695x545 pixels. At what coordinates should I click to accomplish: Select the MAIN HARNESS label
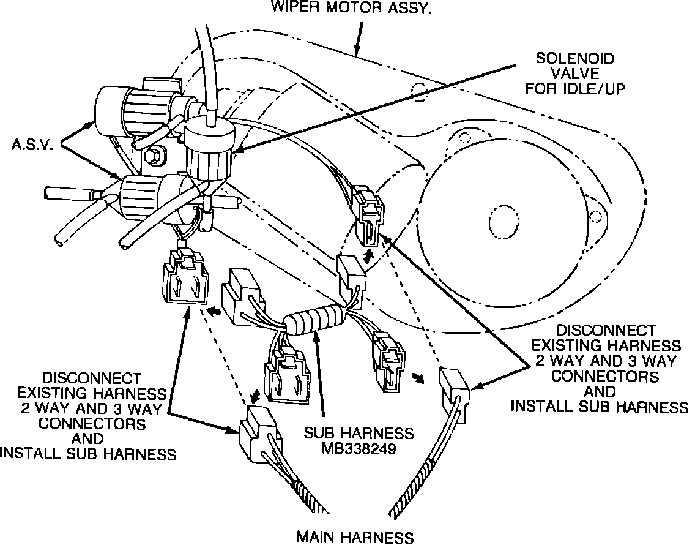point(355,537)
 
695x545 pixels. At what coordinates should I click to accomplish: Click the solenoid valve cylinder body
point(207,159)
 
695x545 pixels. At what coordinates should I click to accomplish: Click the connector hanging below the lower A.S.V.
point(184,280)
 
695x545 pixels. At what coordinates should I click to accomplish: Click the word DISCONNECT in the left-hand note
point(91,378)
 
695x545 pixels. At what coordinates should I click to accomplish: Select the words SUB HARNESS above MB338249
point(359,433)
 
